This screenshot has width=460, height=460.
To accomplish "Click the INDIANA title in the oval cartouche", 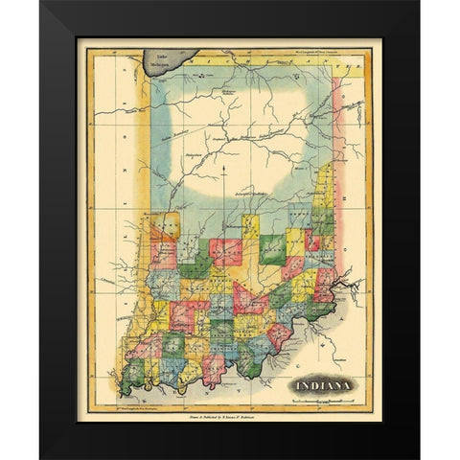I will pos(322,385).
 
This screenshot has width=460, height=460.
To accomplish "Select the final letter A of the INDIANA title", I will pos(349,385).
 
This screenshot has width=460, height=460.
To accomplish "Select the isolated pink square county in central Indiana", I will pos(225,252).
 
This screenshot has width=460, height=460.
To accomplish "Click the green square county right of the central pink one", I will pos(272,247).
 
